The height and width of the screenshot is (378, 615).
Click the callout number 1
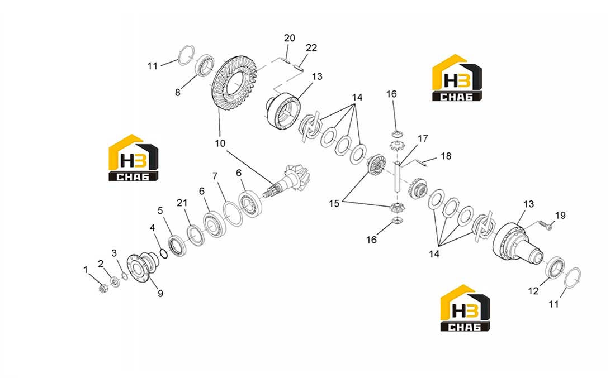86,270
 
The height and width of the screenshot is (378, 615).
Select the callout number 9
160,293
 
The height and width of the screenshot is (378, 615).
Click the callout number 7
215,176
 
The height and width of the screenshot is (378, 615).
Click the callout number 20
290,38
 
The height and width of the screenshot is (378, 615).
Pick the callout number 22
311,48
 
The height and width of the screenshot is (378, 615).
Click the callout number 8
178,93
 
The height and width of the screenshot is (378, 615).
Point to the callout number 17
423,138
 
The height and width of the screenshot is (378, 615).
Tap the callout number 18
446,156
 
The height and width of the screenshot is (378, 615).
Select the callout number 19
560,215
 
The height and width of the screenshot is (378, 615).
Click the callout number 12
533,291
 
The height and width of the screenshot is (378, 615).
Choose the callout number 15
334,204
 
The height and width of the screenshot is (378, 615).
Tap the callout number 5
160,210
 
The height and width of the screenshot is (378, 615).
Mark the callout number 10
220,143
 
